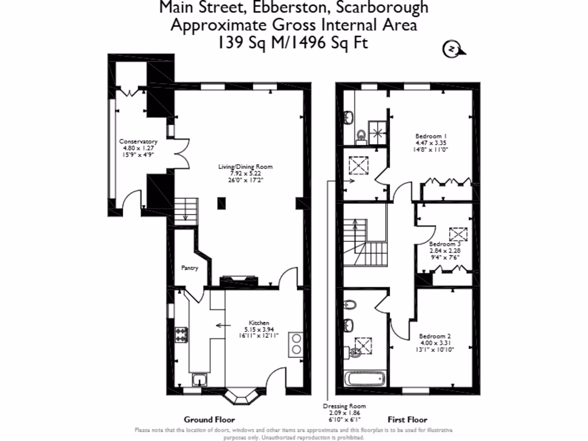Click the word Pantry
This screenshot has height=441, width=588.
189,268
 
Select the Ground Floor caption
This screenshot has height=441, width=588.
209,420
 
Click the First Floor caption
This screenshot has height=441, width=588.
407,420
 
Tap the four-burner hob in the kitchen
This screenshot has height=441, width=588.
181,334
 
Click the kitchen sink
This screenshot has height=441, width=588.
200,379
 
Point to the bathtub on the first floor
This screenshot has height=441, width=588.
365,380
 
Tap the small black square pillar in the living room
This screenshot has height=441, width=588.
221,202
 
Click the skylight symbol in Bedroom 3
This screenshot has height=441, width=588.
459,234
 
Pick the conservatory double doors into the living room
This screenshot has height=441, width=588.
180,153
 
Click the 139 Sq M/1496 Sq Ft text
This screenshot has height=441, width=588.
293,42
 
